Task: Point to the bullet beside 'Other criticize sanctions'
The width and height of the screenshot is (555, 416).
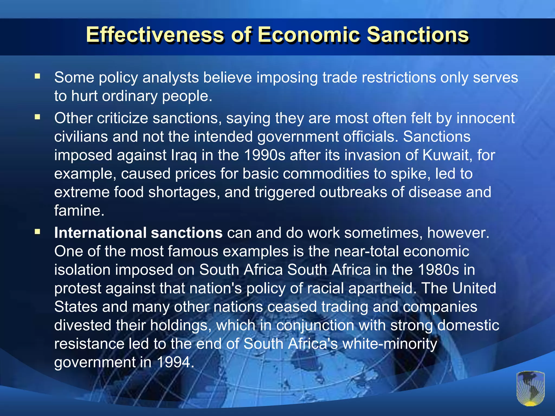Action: tap(37, 117)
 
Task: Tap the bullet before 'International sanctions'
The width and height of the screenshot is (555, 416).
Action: tap(37, 232)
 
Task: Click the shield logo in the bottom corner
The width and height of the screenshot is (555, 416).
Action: tap(530, 388)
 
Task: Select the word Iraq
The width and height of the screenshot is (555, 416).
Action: tap(184, 155)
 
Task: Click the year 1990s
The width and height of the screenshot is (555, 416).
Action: tap(265, 155)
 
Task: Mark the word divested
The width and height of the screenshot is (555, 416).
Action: tap(83, 325)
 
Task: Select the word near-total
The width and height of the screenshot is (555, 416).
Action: tap(366, 251)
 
